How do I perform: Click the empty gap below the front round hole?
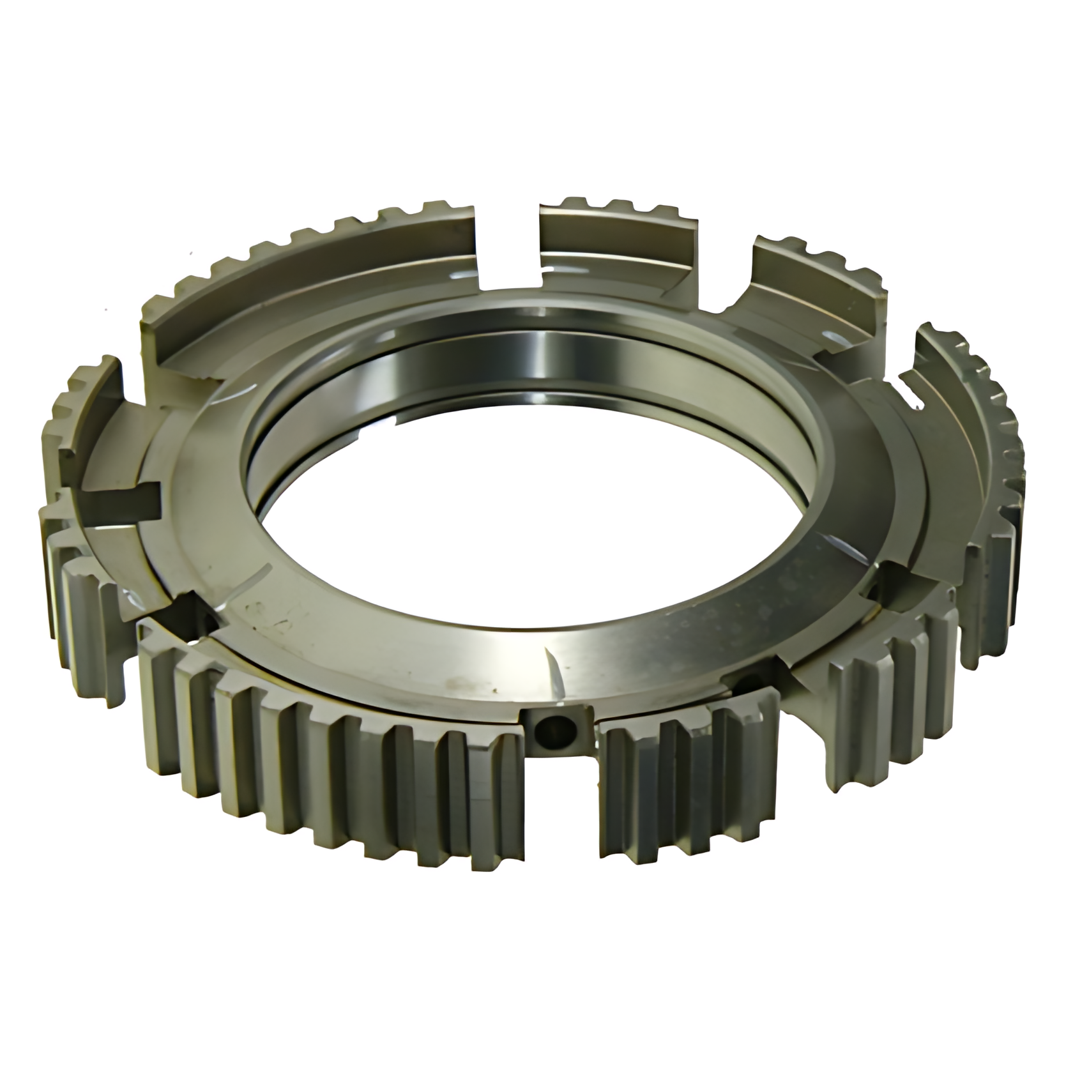(x=562, y=805)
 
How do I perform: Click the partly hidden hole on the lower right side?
(x=744, y=687)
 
